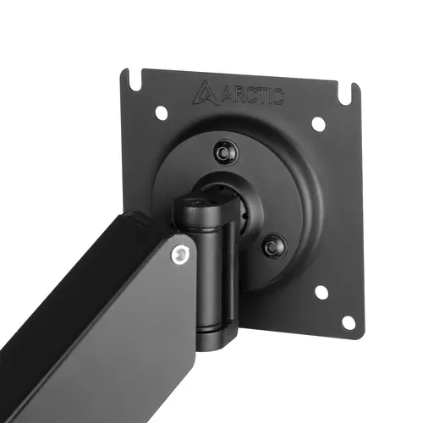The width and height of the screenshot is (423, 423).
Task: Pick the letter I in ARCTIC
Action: coord(266,97)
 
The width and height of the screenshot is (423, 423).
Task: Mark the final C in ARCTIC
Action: coord(276,98)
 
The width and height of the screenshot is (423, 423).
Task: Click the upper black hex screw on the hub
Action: coord(224,152)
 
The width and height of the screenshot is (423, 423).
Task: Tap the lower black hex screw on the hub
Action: coord(272,247)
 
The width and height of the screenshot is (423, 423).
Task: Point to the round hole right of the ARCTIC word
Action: coord(317,124)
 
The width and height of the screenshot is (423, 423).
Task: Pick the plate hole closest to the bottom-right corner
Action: coord(348,322)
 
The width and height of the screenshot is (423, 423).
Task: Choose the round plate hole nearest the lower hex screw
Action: coord(321,292)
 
